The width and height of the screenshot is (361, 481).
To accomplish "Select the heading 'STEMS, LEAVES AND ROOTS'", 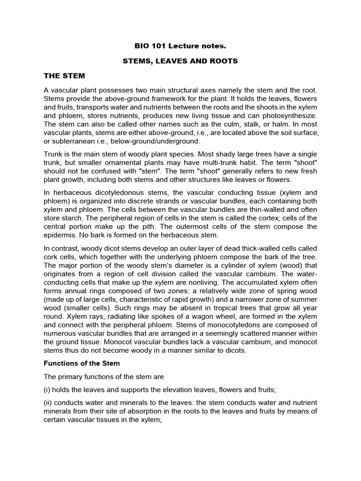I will coord(180,61).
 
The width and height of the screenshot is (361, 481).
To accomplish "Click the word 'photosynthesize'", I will coord(291,115).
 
